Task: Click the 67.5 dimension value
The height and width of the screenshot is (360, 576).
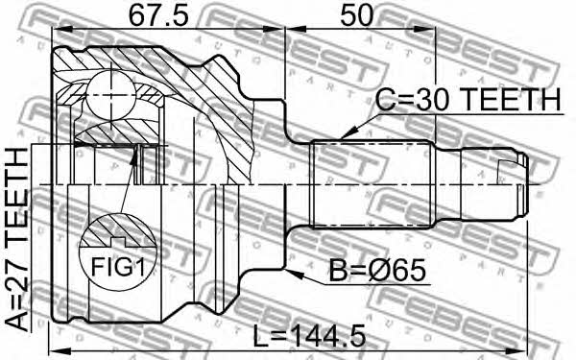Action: pyautogui.click(x=158, y=14)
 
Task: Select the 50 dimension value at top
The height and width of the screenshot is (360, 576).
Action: pyautogui.click(x=356, y=14)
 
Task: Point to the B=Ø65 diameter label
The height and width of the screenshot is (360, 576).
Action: pyautogui.click(x=377, y=271)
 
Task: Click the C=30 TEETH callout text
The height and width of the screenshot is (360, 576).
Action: pyautogui.click(x=468, y=100)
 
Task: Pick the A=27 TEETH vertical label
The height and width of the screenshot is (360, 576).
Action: pyautogui.click(x=16, y=240)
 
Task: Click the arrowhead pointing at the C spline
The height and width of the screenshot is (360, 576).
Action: pyautogui.click(x=349, y=132)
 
